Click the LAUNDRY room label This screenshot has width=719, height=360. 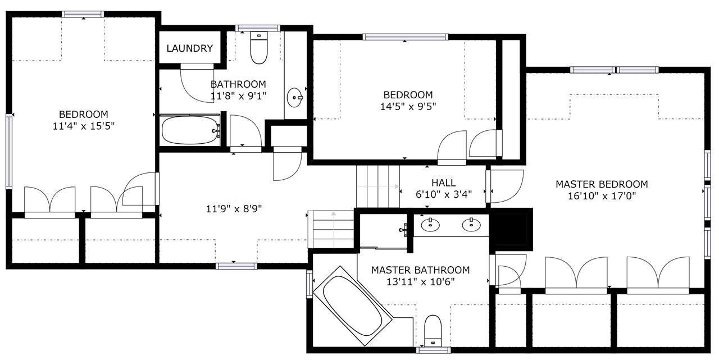189,48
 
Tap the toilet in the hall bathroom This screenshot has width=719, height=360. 259,48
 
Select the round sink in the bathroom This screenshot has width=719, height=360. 295,97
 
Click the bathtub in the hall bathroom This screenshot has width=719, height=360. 190,130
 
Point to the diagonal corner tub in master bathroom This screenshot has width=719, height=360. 353,306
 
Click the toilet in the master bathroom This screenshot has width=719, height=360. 433,331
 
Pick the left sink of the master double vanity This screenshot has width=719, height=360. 430,225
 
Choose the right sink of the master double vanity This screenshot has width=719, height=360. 471,225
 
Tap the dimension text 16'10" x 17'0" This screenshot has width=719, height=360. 602,195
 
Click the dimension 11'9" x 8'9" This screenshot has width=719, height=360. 234,209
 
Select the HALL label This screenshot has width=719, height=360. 444,183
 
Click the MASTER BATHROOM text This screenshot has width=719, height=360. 421,270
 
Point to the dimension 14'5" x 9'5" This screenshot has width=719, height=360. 408,106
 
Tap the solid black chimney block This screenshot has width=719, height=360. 511,229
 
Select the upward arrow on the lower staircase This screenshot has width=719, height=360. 334,229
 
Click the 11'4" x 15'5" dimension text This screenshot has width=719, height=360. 84,126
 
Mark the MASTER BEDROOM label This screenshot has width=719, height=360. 602,184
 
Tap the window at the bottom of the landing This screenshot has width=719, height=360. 236,266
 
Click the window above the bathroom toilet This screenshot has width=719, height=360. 258,28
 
